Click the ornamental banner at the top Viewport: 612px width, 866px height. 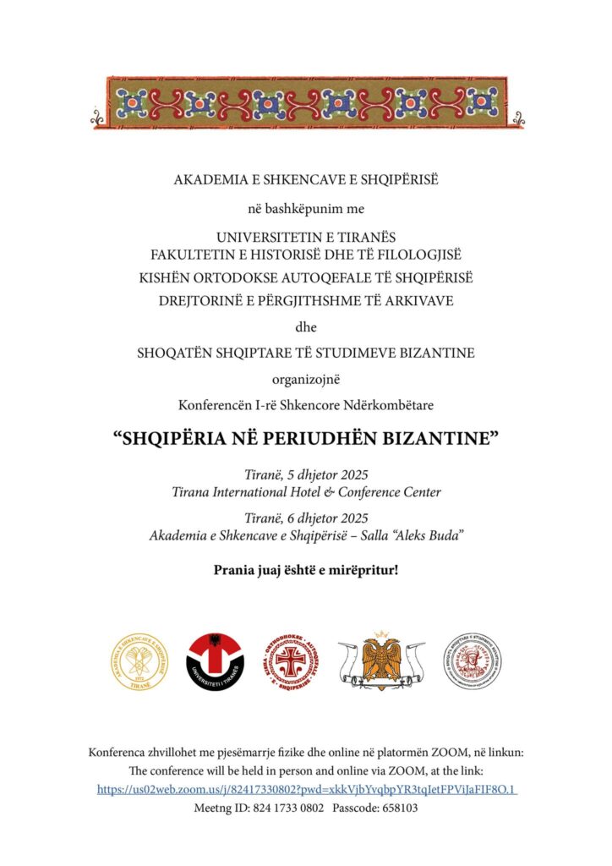point(306,103)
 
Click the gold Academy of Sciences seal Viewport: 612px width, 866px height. point(140,660)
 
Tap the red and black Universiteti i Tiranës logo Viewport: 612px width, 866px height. point(216,660)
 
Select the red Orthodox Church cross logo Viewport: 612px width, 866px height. point(292,660)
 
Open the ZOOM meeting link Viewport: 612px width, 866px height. point(307,789)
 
